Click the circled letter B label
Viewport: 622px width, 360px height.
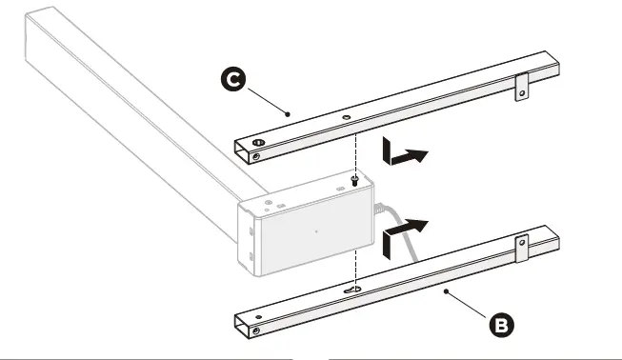(502, 324)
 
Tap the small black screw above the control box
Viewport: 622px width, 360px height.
(354, 178)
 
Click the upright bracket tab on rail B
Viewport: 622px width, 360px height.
(522, 249)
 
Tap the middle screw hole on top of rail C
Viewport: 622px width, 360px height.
(344, 119)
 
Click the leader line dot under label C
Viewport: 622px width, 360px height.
(288, 113)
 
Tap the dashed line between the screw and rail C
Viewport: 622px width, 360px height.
(355, 152)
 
